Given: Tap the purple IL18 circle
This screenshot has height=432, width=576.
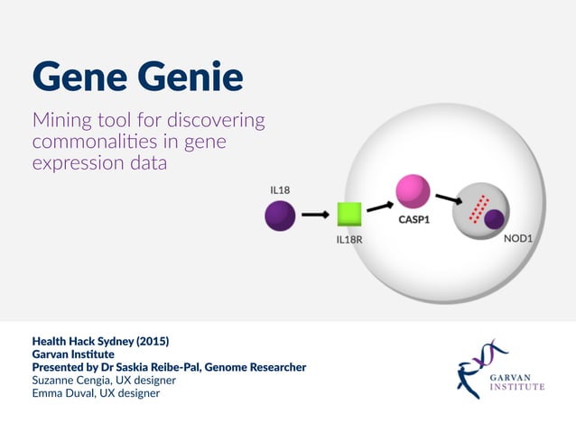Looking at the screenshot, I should tap(280, 216).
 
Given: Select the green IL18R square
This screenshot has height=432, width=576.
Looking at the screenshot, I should tap(349, 215).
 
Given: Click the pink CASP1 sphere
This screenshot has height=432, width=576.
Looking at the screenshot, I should tap(412, 190).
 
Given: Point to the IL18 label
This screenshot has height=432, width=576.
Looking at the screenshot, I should tap(280, 190).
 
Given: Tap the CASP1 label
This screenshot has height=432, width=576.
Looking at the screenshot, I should tap(413, 219).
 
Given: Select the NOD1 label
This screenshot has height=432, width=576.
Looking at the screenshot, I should tap(517, 239).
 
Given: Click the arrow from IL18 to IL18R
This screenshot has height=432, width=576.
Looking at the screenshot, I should tap(314, 216).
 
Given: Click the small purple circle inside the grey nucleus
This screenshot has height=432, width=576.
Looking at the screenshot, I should tap(493, 219).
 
